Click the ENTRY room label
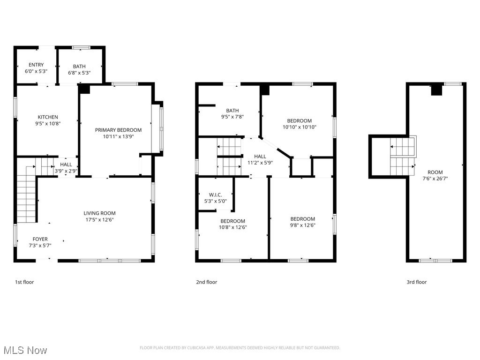point(36,65)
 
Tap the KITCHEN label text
point(48,117)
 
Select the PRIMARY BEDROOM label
point(118,130)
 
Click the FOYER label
point(40,239)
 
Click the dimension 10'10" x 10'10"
point(300,127)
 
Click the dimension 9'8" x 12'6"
point(302,225)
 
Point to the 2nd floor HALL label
point(260,157)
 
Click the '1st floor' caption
point(24,282)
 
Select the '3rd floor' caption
point(416,282)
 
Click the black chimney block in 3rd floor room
point(436,90)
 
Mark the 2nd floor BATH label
point(232,111)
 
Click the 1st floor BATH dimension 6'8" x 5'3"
point(79,73)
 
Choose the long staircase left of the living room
point(27,197)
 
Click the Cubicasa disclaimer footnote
point(240,348)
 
